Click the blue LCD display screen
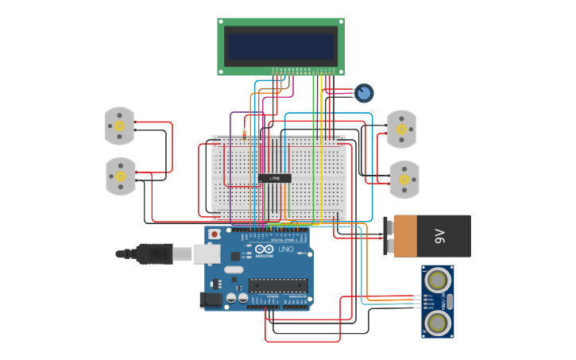tap(280, 46)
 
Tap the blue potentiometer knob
tap(364, 93)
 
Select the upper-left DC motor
tap(119, 126)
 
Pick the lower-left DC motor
tap(121, 176)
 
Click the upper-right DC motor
tap(401, 129)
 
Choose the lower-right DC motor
tap(404, 180)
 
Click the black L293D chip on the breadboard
tap(274, 178)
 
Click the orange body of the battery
tap(405, 236)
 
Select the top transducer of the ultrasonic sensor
tap(436, 280)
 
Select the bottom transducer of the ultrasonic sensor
tap(436, 322)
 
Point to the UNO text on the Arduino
tap(285, 250)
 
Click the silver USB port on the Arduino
tap(207, 254)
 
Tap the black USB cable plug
tap(154, 254)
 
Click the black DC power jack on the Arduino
tap(210, 299)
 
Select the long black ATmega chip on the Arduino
tap(278, 285)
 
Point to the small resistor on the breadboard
tap(244, 134)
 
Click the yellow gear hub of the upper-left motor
tap(120, 126)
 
